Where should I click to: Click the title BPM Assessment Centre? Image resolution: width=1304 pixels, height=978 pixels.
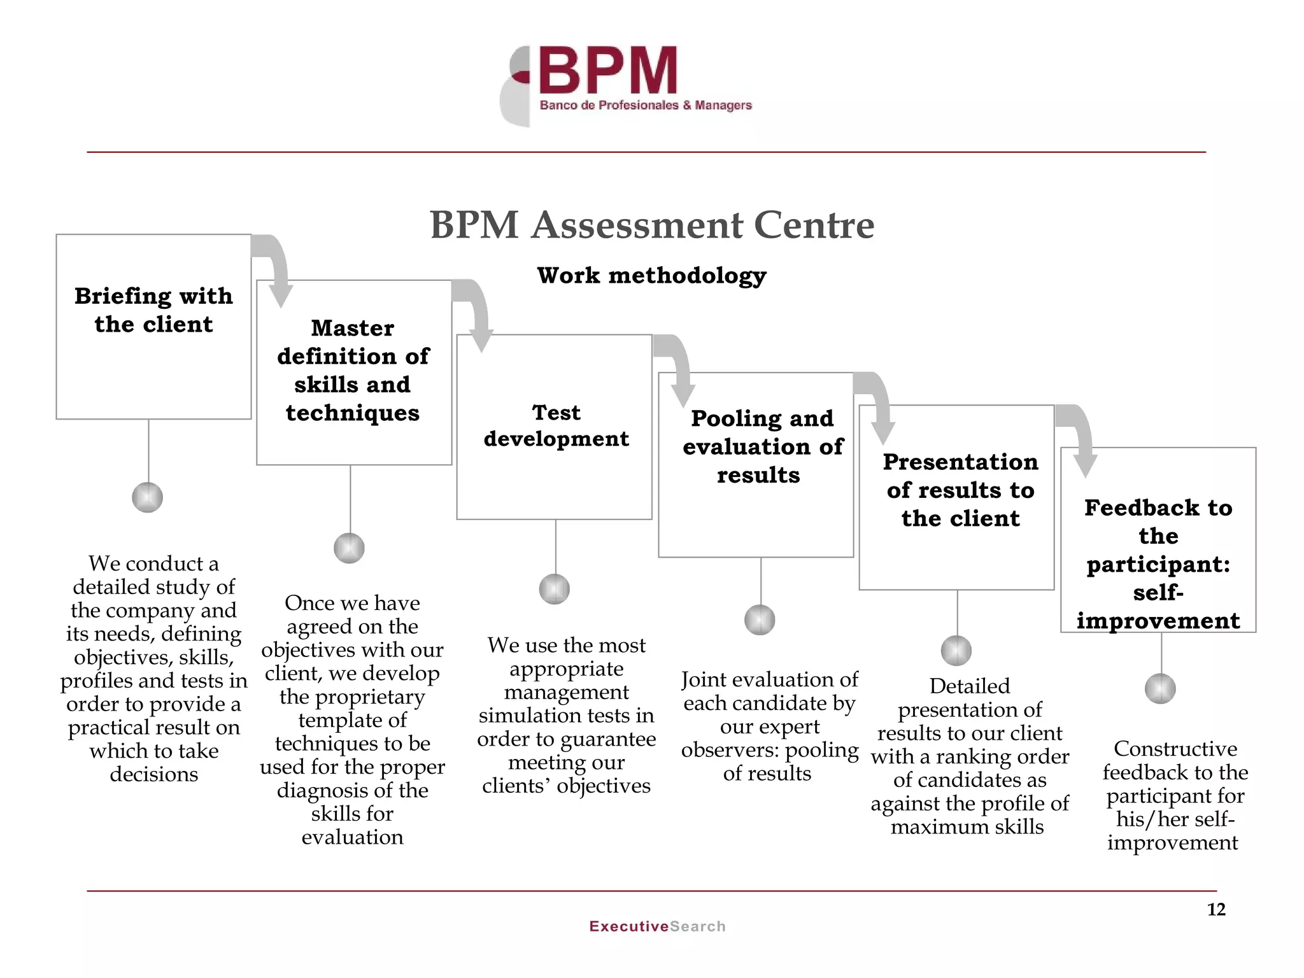tap(652, 225)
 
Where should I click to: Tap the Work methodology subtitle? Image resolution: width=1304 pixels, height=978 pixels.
tap(651, 276)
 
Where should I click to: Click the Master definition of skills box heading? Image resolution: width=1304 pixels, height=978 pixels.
tap(353, 370)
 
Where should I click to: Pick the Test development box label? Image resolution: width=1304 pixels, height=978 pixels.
tap(556, 425)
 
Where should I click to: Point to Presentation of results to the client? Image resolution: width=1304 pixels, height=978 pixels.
tap(960, 490)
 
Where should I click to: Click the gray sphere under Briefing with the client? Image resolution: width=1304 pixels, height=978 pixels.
tap(148, 497)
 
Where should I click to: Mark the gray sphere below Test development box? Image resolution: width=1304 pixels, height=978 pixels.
tap(555, 589)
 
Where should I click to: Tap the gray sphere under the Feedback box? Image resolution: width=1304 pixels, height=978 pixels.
tap(1160, 689)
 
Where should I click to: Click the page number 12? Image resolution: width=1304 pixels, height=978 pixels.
tap(1216, 910)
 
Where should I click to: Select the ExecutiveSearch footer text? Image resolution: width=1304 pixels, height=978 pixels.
tap(657, 926)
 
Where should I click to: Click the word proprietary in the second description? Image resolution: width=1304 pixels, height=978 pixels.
tap(352, 697)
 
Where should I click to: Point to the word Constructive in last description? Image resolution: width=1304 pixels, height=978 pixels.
tap(1175, 749)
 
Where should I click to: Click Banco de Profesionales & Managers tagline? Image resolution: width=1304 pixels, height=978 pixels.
tap(646, 105)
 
